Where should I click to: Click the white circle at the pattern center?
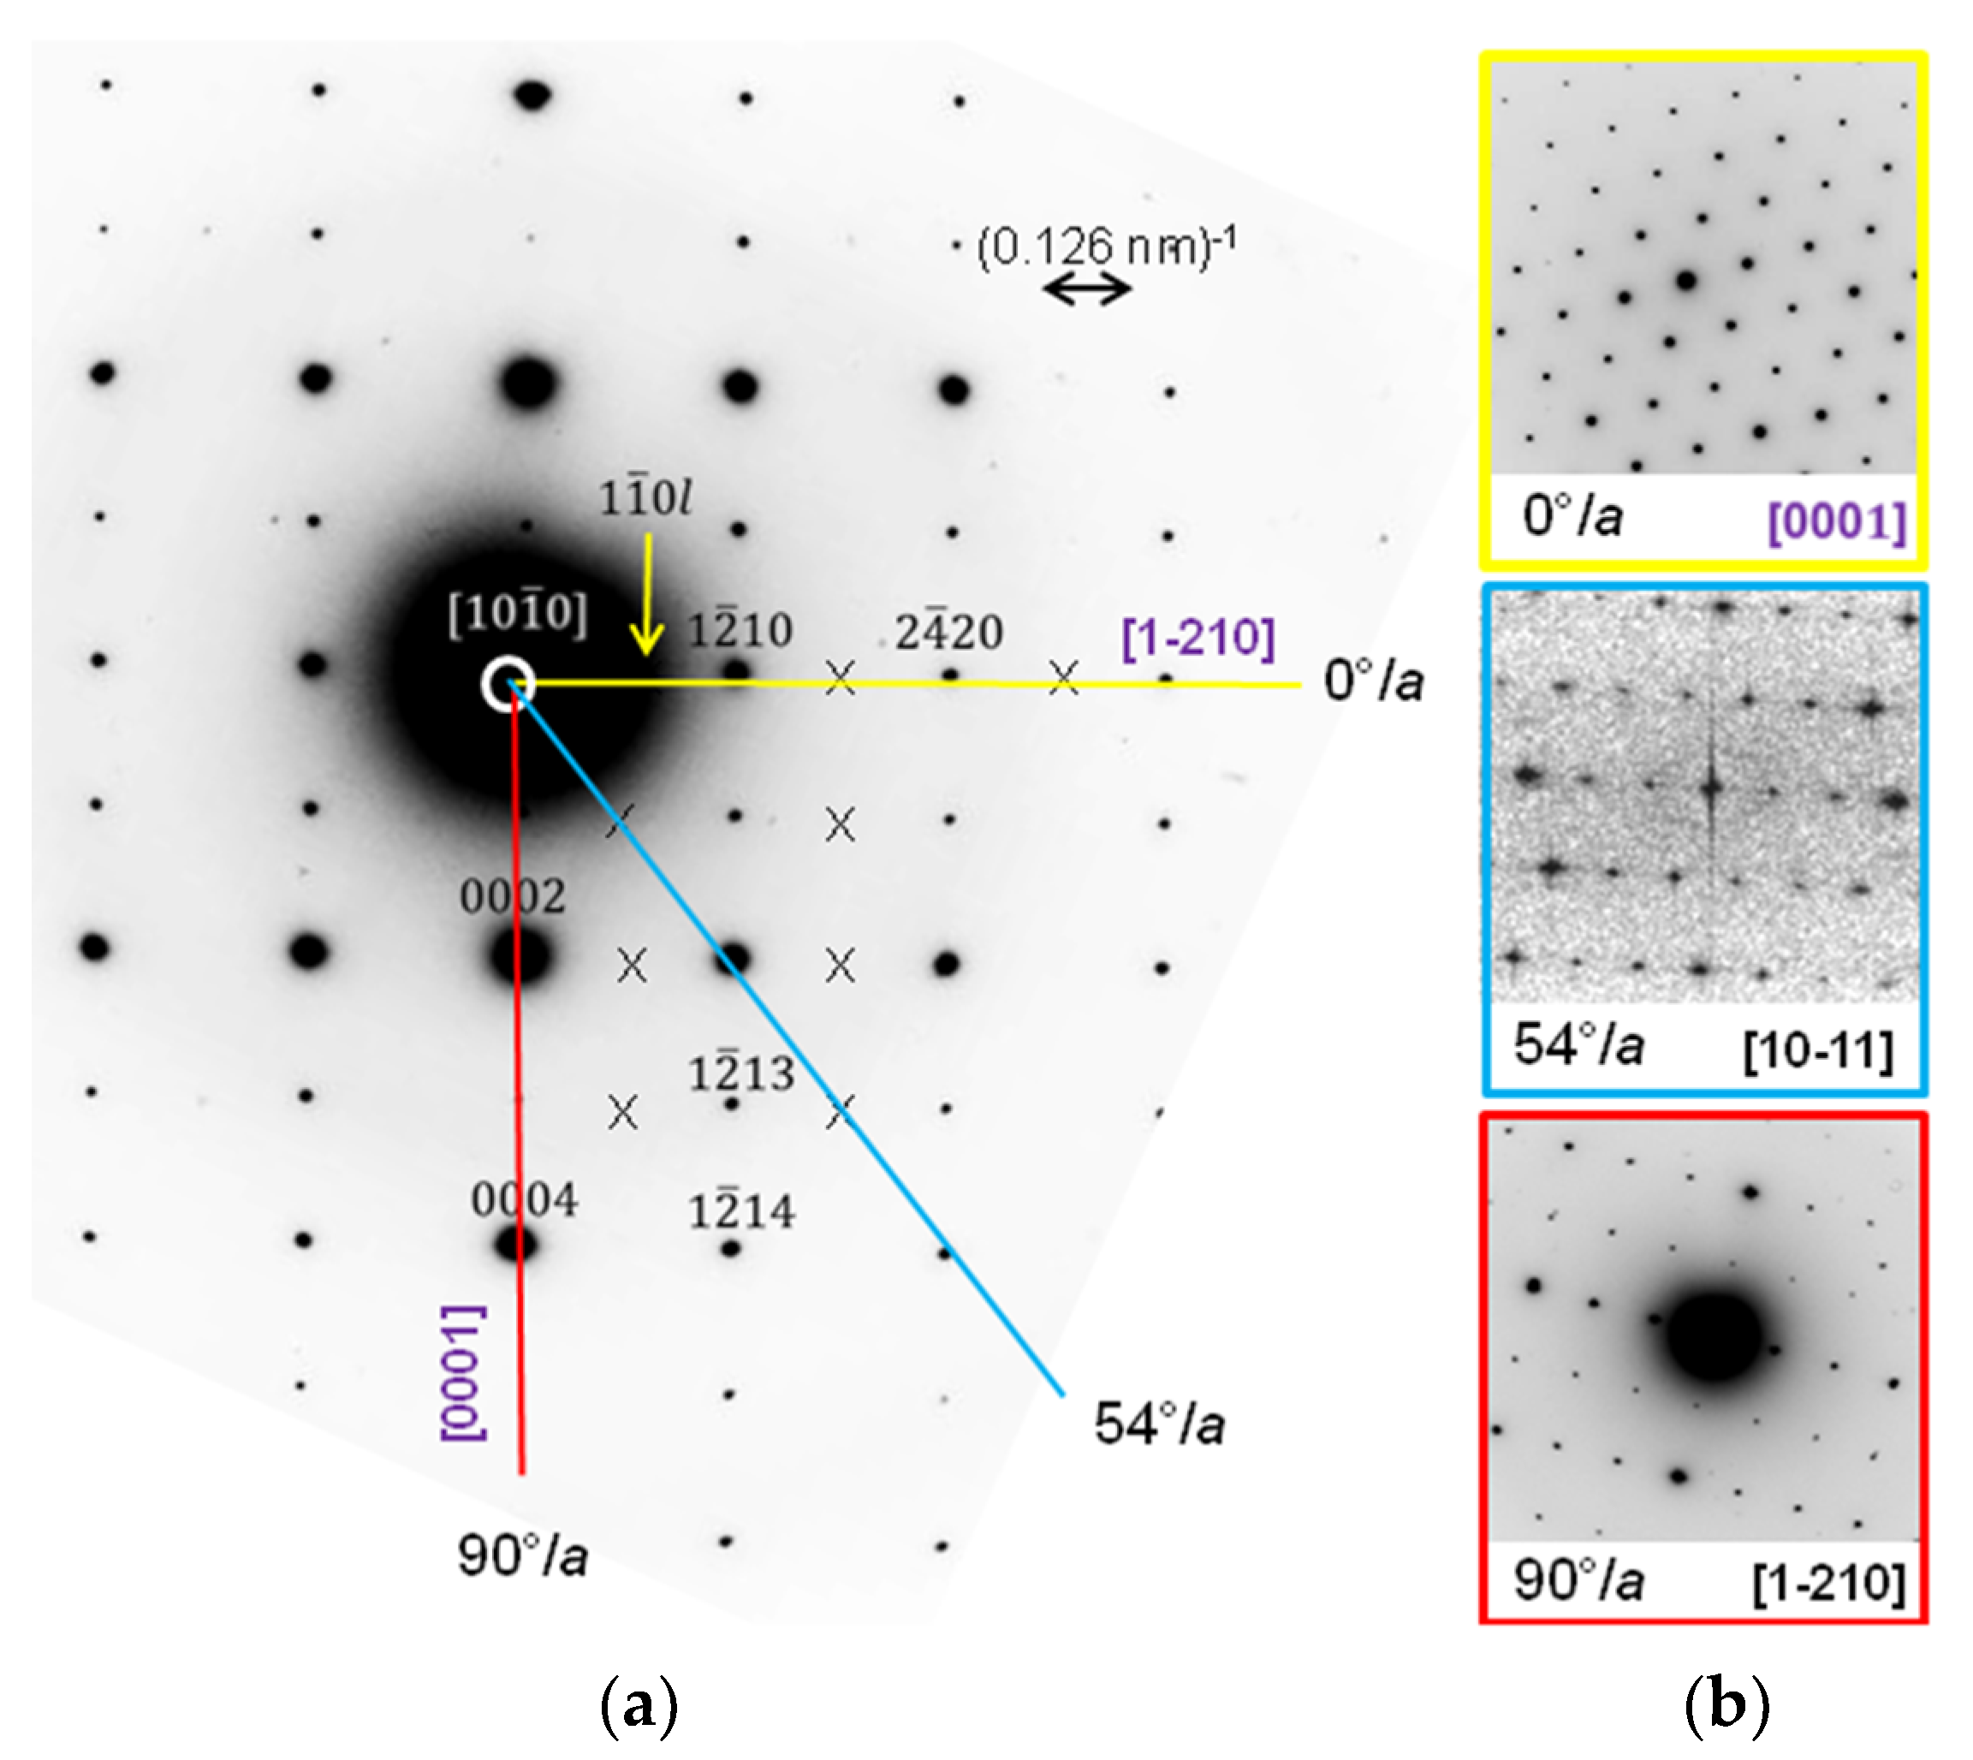pos(508,684)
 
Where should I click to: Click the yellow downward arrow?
pos(647,596)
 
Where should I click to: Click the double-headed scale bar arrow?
pos(1088,288)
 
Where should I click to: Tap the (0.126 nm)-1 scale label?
pos(1107,247)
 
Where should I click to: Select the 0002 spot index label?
pos(513,896)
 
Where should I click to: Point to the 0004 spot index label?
pos(524,1200)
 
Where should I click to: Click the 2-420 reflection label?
pos(948,633)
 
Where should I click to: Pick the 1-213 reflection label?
pos(741,1073)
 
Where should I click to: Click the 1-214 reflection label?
pos(741,1211)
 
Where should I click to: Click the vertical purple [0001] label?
pos(463,1373)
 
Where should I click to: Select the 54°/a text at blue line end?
pos(1159,1424)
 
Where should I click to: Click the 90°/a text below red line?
pos(522,1556)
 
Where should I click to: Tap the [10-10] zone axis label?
pos(517,613)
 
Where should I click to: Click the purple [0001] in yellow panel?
pos(1837,522)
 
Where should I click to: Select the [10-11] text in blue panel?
pos(1818,1049)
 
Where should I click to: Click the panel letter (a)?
pos(639,1706)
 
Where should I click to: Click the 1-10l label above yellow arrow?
pos(645,499)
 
